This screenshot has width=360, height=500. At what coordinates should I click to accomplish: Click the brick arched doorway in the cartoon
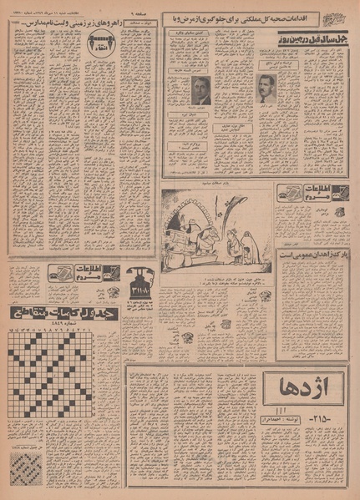coord(185,219)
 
